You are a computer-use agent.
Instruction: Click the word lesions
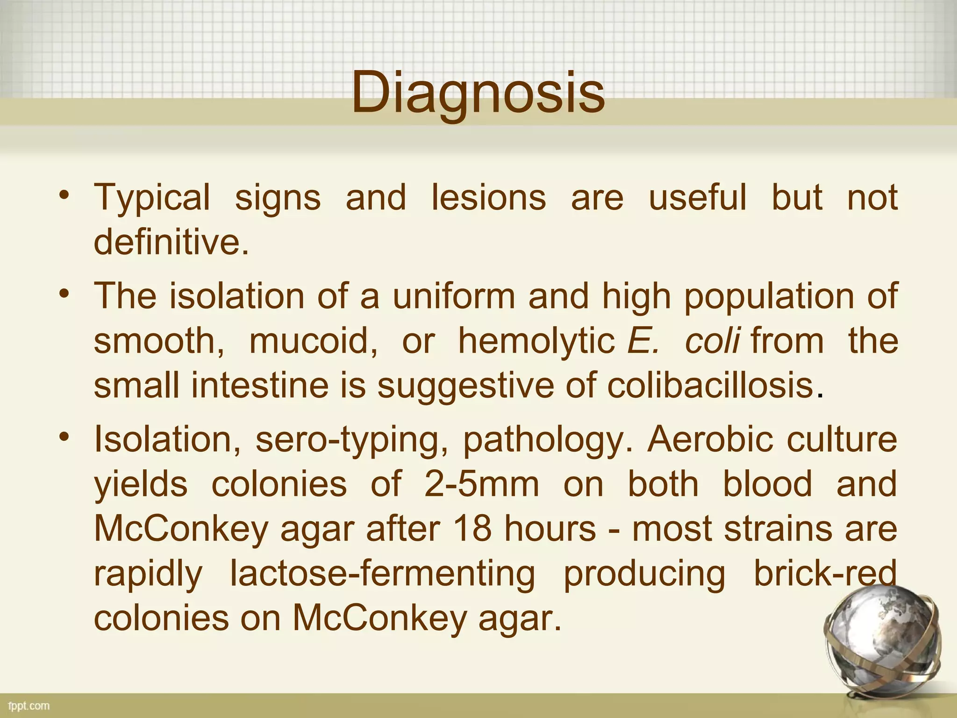pyautogui.click(x=488, y=197)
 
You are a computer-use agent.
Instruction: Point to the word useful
pyautogui.click(x=698, y=197)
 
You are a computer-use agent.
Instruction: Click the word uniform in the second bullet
pyautogui.click(x=454, y=296)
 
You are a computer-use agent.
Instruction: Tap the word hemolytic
pyautogui.click(x=536, y=341)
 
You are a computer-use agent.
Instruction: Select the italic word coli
pyautogui.click(x=712, y=341)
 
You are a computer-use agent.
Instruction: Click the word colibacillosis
pyautogui.click(x=710, y=386)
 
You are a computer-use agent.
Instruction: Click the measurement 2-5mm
pyautogui.click(x=482, y=484)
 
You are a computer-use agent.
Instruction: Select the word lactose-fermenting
pyautogui.click(x=383, y=574)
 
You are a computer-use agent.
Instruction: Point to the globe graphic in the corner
pyautogui.click(x=883, y=645)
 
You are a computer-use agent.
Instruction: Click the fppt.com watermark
pyautogui.click(x=29, y=706)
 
